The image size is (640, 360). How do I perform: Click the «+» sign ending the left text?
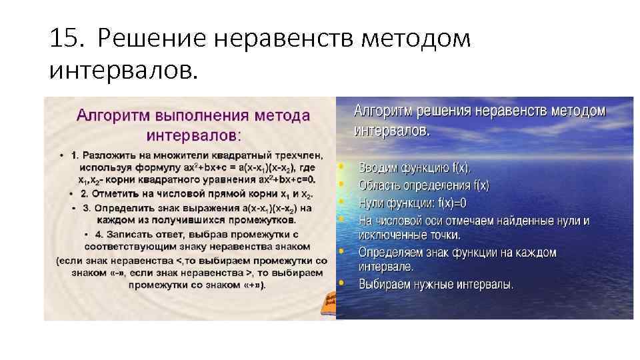click(254, 285)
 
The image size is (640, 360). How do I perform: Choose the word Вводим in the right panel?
click(379, 167)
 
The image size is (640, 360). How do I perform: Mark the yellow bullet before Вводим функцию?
click(342, 166)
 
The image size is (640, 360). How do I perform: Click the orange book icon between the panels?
click(329, 304)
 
